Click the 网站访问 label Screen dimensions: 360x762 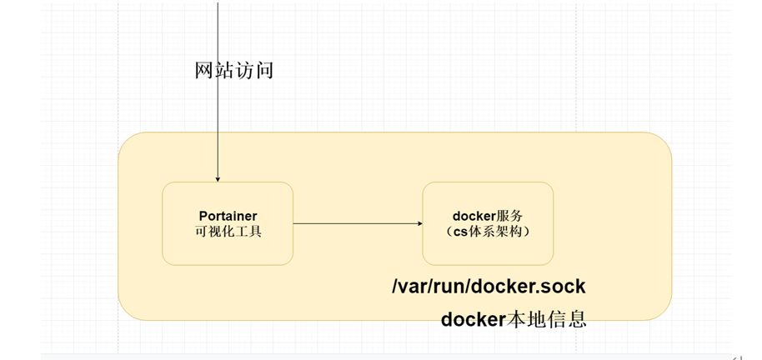(234, 71)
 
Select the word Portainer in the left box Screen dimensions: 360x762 (227, 216)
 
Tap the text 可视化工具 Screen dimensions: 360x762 (227, 232)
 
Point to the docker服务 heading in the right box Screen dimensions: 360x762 (488, 216)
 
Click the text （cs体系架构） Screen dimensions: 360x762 (488, 232)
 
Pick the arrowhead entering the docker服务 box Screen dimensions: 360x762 (419, 223)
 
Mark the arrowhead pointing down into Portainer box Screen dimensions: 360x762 (218, 178)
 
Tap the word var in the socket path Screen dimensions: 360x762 (416, 287)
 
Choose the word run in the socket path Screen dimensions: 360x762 (454, 287)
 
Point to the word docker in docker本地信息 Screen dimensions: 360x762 (474, 319)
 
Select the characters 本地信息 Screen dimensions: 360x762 (547, 319)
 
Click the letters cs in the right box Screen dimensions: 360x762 (460, 232)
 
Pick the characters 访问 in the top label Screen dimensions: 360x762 (254, 71)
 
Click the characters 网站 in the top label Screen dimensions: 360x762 (214, 71)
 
